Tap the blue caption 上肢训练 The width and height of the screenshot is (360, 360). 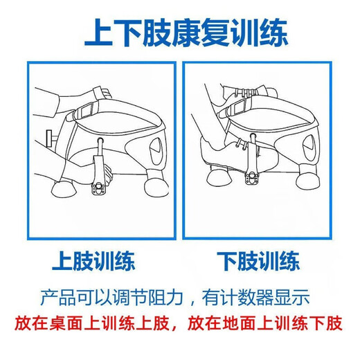(x=93, y=262)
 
